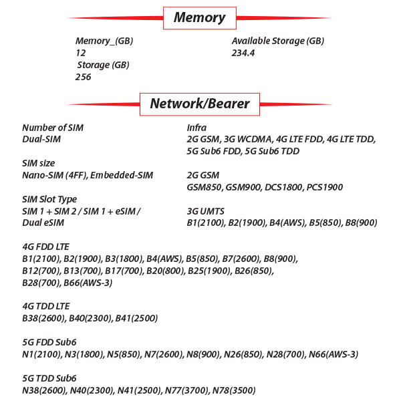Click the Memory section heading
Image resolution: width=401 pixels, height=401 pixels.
click(199, 18)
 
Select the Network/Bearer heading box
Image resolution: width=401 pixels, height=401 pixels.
click(200, 104)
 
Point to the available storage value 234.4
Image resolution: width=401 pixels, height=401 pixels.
click(243, 53)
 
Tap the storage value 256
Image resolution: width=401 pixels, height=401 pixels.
click(83, 77)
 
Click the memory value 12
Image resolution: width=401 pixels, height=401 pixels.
click(81, 53)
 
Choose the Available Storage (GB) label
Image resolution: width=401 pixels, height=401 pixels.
click(278, 41)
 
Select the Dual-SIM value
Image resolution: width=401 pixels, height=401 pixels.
click(41, 139)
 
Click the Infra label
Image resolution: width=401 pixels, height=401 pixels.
click(196, 128)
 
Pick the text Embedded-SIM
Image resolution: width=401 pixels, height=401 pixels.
click(122, 175)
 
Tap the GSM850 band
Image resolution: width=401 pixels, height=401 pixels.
click(204, 187)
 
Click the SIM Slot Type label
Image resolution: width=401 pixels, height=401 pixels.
click(49, 199)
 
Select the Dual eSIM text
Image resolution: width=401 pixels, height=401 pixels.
click(43, 223)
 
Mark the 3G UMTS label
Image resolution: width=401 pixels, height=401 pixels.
click(205, 211)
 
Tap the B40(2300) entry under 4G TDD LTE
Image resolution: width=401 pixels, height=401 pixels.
click(90, 318)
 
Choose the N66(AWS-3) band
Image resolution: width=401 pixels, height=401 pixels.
click(333, 354)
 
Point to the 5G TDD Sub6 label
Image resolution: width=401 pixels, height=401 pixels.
click(49, 378)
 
